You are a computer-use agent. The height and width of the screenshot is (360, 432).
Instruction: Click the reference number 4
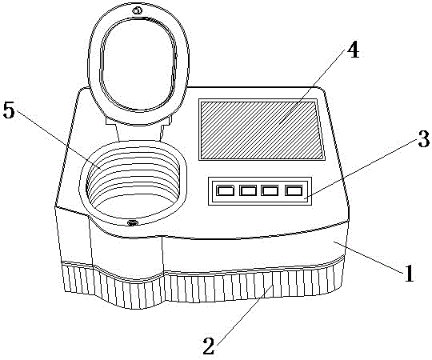[353, 51]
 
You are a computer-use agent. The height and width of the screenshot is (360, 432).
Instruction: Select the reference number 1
[409, 273]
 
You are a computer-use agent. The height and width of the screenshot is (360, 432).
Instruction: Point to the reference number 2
[209, 346]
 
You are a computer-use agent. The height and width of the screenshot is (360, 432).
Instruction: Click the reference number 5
[9, 110]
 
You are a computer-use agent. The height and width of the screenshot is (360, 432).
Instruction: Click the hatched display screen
[261, 130]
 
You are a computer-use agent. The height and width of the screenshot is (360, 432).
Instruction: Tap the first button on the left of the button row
[225, 190]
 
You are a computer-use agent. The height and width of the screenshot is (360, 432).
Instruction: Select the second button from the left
[248, 190]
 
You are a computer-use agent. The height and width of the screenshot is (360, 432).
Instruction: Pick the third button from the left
[269, 190]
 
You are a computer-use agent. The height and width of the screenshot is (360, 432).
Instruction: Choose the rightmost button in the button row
[294, 190]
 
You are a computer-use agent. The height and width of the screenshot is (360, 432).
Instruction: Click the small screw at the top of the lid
[137, 11]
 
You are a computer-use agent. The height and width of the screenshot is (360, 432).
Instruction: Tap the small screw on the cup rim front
[131, 222]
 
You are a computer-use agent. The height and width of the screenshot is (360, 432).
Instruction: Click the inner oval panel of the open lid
[139, 64]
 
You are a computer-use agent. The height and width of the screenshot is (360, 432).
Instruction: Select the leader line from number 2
[243, 312]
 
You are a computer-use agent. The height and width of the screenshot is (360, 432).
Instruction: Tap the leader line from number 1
[369, 257]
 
